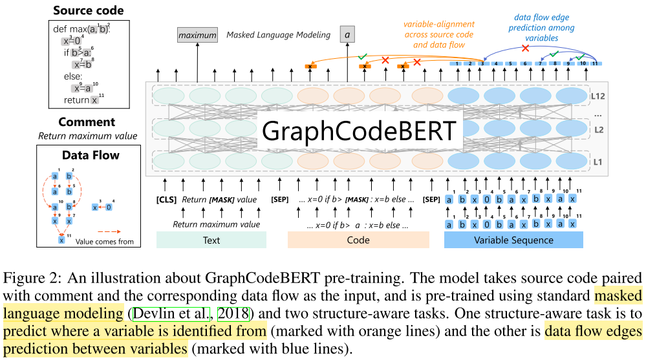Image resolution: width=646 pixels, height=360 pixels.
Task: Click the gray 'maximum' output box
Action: tap(197, 35)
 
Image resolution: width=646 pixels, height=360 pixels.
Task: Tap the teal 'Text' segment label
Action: tap(211, 240)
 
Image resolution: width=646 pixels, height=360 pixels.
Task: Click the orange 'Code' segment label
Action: tap(358, 240)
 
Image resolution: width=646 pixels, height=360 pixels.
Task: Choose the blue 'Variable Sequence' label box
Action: tap(513, 240)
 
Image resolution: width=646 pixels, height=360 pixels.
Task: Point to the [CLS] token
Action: tap(167, 200)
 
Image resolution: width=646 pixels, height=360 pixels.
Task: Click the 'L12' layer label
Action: tap(598, 96)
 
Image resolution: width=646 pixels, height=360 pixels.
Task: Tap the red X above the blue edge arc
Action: tap(525, 48)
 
